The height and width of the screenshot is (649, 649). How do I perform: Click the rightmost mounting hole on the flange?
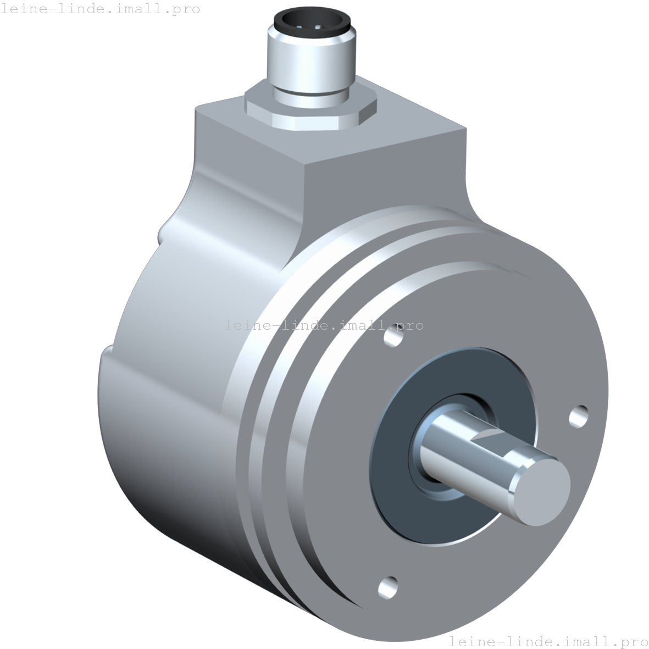[579, 416]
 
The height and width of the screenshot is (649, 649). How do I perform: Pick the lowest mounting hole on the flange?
[388, 586]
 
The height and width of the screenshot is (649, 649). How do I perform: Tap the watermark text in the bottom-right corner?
[548, 641]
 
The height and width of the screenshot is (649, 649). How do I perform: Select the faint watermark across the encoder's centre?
[324, 325]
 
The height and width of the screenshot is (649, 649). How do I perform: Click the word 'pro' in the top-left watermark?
[186, 9]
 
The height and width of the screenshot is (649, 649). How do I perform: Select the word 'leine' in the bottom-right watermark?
[473, 641]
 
